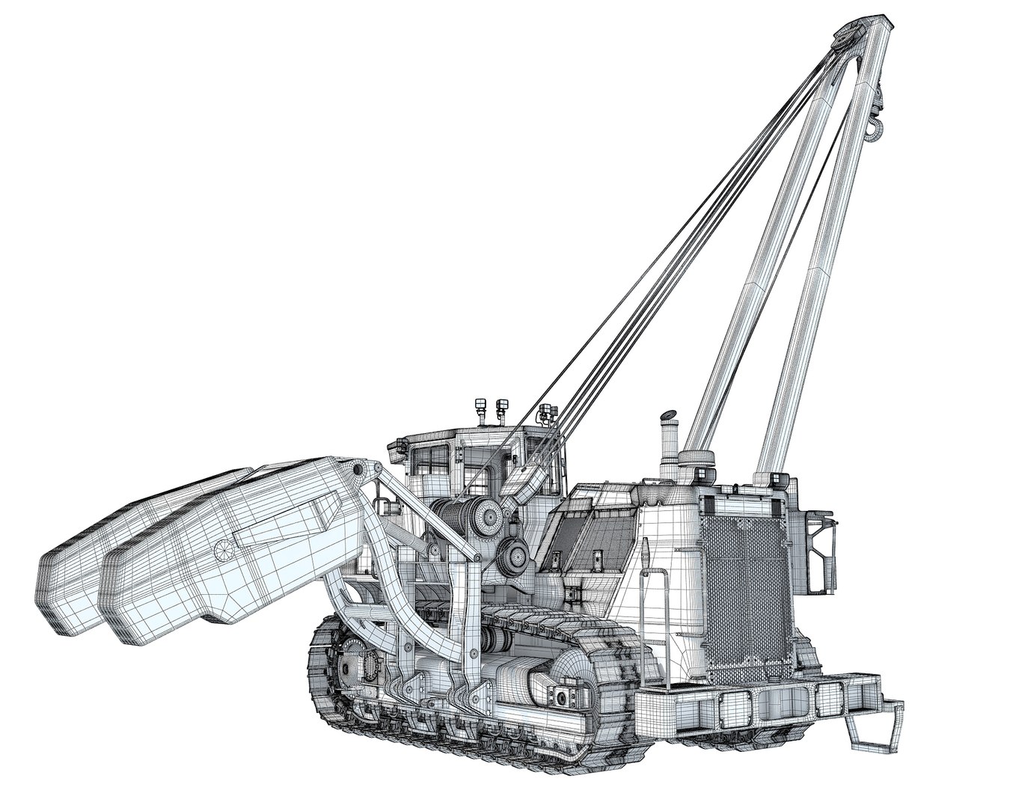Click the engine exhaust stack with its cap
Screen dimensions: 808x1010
pyautogui.click(x=665, y=441)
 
